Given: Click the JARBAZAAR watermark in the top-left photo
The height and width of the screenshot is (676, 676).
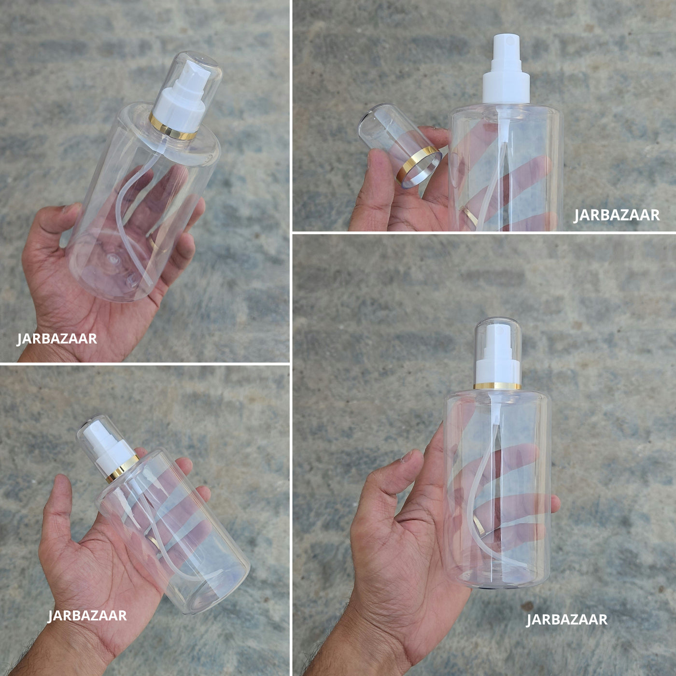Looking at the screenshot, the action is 57,339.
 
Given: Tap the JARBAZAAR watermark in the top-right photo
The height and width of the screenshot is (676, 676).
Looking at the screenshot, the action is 617,215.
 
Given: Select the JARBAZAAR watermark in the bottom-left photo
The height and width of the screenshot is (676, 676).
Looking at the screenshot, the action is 87,616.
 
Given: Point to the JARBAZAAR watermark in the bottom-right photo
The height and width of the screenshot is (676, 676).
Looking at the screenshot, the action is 566,620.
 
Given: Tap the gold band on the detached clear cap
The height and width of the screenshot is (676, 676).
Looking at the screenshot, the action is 418,166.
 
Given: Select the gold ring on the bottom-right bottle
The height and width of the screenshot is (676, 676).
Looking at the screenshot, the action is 497,386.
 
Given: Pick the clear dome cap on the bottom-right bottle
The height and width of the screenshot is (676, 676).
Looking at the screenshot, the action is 498,351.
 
